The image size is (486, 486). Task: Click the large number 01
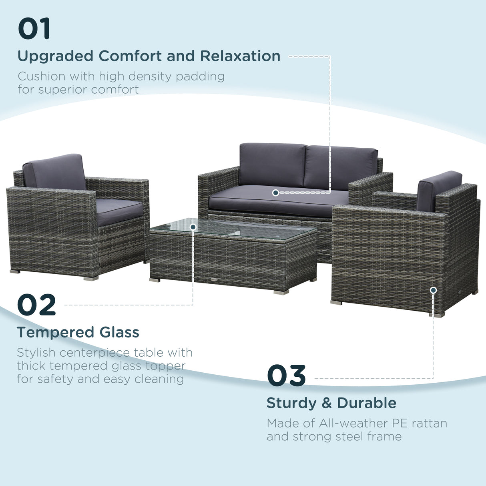click(34, 28)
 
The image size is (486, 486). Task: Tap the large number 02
click(36, 305)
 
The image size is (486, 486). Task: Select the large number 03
click(286, 376)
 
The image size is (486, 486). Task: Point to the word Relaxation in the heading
click(240, 56)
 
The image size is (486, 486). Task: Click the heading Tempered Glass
click(78, 332)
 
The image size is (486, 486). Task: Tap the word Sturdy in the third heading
click(291, 403)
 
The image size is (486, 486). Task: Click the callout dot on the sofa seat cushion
click(275, 193)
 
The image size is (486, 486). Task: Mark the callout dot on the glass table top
click(193, 227)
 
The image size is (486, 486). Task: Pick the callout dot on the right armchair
click(433, 290)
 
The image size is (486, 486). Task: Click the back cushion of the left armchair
click(55, 172)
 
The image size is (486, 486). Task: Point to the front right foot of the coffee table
click(281, 292)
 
